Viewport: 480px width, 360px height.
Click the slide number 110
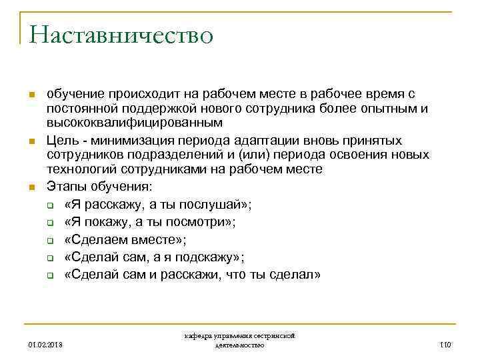[x=446, y=345]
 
